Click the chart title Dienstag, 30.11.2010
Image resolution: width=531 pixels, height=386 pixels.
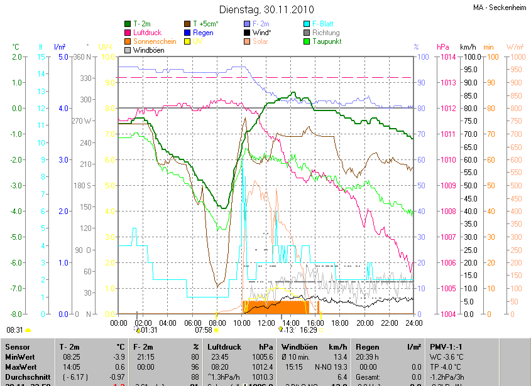pyautogui.click(x=265, y=9)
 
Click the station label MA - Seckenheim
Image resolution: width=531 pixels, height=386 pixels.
pyautogui.click(x=500, y=7)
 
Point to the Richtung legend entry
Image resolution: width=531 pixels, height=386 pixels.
pyautogui.click(x=326, y=32)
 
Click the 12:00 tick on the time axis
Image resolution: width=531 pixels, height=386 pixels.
pyautogui.click(x=266, y=323)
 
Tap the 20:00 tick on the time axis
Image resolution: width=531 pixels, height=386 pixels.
pyautogui.click(x=364, y=323)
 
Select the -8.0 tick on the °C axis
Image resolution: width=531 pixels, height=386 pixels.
pyautogui.click(x=16, y=314)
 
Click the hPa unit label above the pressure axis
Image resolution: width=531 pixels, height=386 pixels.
pyautogui.click(x=443, y=47)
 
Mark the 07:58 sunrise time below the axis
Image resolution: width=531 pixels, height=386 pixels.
pyautogui.click(x=203, y=330)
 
